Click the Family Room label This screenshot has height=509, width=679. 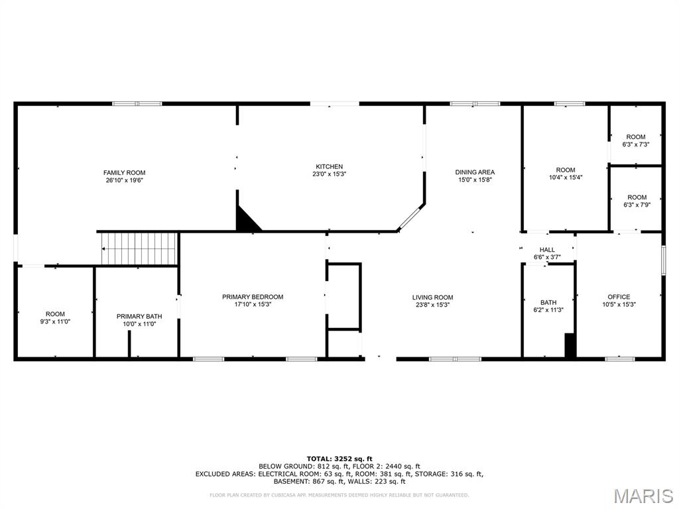[x=124, y=173]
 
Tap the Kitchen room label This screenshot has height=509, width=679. [x=329, y=166]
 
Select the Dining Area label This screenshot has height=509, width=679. [x=475, y=172]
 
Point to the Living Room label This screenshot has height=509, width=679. [x=432, y=298]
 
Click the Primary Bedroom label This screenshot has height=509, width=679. [x=253, y=297]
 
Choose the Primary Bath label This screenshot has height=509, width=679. [x=139, y=316]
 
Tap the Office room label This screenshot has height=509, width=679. [x=619, y=297]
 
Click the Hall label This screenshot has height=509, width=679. [x=547, y=250]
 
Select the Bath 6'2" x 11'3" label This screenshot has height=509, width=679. [x=548, y=306]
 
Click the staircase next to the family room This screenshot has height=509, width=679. [x=139, y=249]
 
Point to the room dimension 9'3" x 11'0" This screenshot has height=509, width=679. [x=55, y=321]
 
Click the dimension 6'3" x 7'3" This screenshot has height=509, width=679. [x=636, y=144]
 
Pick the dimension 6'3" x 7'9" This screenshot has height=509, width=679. [x=637, y=205]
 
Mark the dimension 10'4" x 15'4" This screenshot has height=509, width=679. [x=566, y=177]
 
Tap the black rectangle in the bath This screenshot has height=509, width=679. [x=570, y=345]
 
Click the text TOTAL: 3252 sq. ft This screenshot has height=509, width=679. [x=339, y=459]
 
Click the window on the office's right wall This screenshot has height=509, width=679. [x=663, y=260]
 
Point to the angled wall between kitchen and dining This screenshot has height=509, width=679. [x=410, y=217]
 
